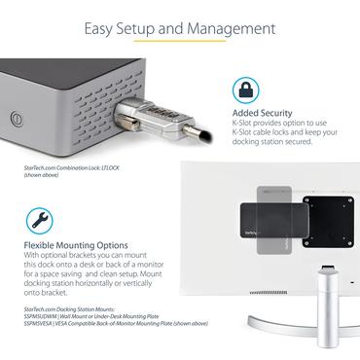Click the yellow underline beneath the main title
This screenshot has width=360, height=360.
coord(180,41)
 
